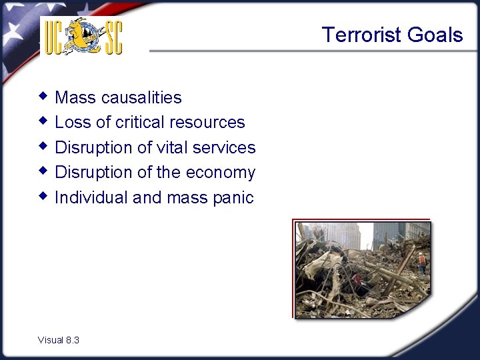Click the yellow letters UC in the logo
55,37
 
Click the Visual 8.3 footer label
59,340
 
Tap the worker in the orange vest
421,261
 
